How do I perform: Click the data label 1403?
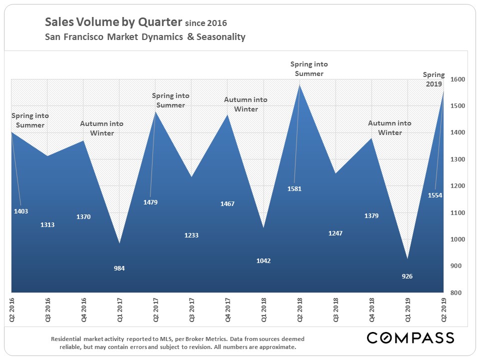tap(21, 211)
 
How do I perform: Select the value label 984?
tap(119, 268)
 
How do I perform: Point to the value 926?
tap(407, 276)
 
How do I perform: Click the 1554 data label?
tap(435, 195)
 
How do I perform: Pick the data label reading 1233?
tap(191, 235)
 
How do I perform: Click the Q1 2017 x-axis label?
tap(119, 310)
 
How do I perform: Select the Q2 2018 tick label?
tap(299, 310)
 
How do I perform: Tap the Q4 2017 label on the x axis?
tap(227, 310)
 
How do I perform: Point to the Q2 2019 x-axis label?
tap(443, 310)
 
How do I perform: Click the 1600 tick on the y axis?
tap(458, 79)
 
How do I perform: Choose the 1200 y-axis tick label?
tap(458, 186)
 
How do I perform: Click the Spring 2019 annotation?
tap(433, 79)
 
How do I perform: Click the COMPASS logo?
tap(410, 338)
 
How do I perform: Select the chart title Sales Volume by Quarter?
tap(113, 22)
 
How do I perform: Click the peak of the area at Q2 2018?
tap(299, 85)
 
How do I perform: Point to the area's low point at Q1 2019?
tap(407, 259)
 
